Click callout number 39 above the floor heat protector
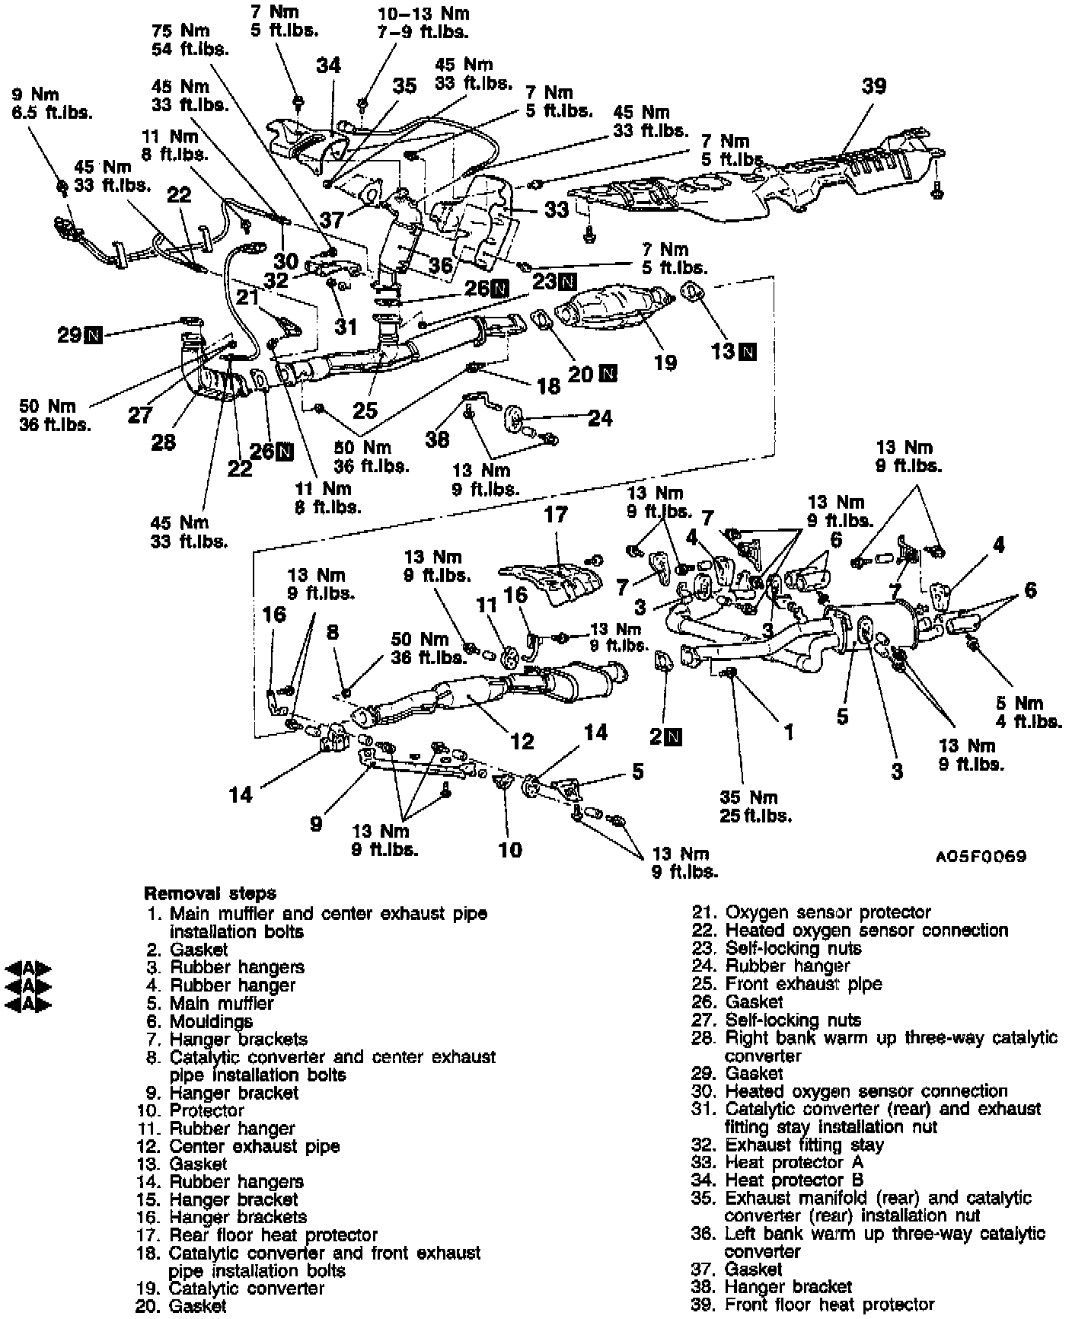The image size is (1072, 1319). pos(874,86)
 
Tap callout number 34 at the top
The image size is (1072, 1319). pos(329,65)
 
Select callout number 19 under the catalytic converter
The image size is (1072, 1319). pos(665,362)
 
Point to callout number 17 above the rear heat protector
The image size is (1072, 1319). pos(556,515)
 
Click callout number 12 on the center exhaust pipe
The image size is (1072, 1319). pos(522,740)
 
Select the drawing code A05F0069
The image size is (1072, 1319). pos(981,856)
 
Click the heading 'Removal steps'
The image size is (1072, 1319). pos(210,893)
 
